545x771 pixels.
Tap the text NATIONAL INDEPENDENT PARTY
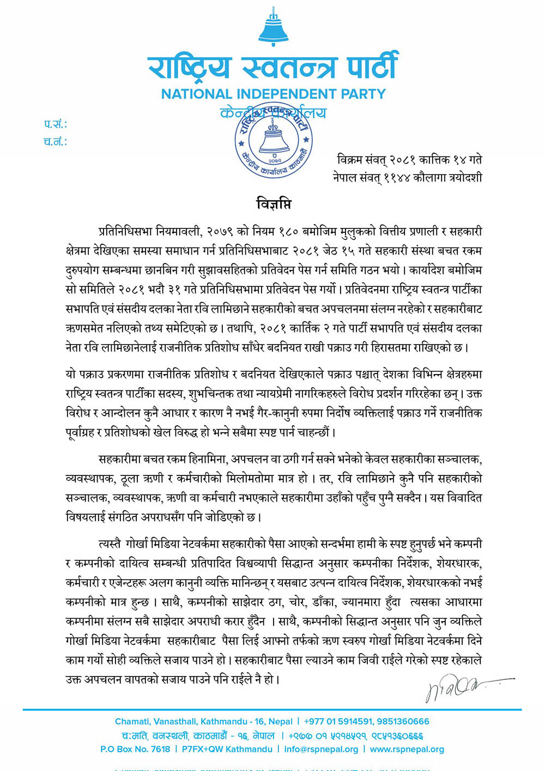point(273,94)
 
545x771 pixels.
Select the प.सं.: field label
point(55,124)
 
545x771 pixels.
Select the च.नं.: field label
point(55,142)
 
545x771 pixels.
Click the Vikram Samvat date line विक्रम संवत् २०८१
point(409,160)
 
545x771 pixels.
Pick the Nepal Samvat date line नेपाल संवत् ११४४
point(407,177)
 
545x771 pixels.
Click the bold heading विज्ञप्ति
point(274,204)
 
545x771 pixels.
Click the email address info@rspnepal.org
point(321,749)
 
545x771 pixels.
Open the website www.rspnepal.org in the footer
point(407,749)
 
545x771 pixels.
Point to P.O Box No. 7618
point(135,749)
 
